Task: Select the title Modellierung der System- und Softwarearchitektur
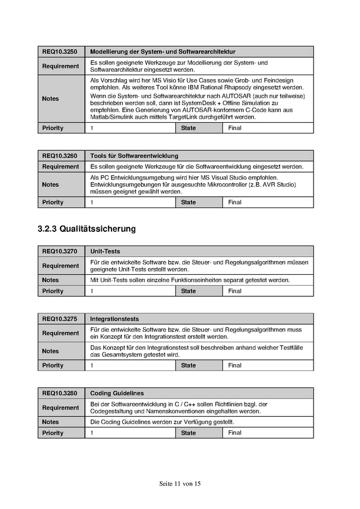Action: (x=162, y=51)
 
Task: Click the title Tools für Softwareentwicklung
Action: (x=134, y=156)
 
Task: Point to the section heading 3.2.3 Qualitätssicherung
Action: (x=87, y=229)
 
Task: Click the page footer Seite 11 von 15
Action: (x=180, y=484)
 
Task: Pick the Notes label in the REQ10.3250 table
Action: (x=50, y=99)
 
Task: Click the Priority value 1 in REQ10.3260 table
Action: (x=92, y=202)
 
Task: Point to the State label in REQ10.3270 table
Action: (x=188, y=291)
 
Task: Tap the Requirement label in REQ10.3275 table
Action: (x=61, y=333)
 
